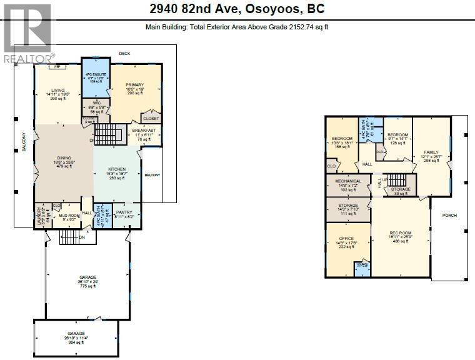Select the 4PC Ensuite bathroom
[x=96, y=77]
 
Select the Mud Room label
[x=69, y=216]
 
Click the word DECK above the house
[x=125, y=54]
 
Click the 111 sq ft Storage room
[x=347, y=209]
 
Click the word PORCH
[x=449, y=216]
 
